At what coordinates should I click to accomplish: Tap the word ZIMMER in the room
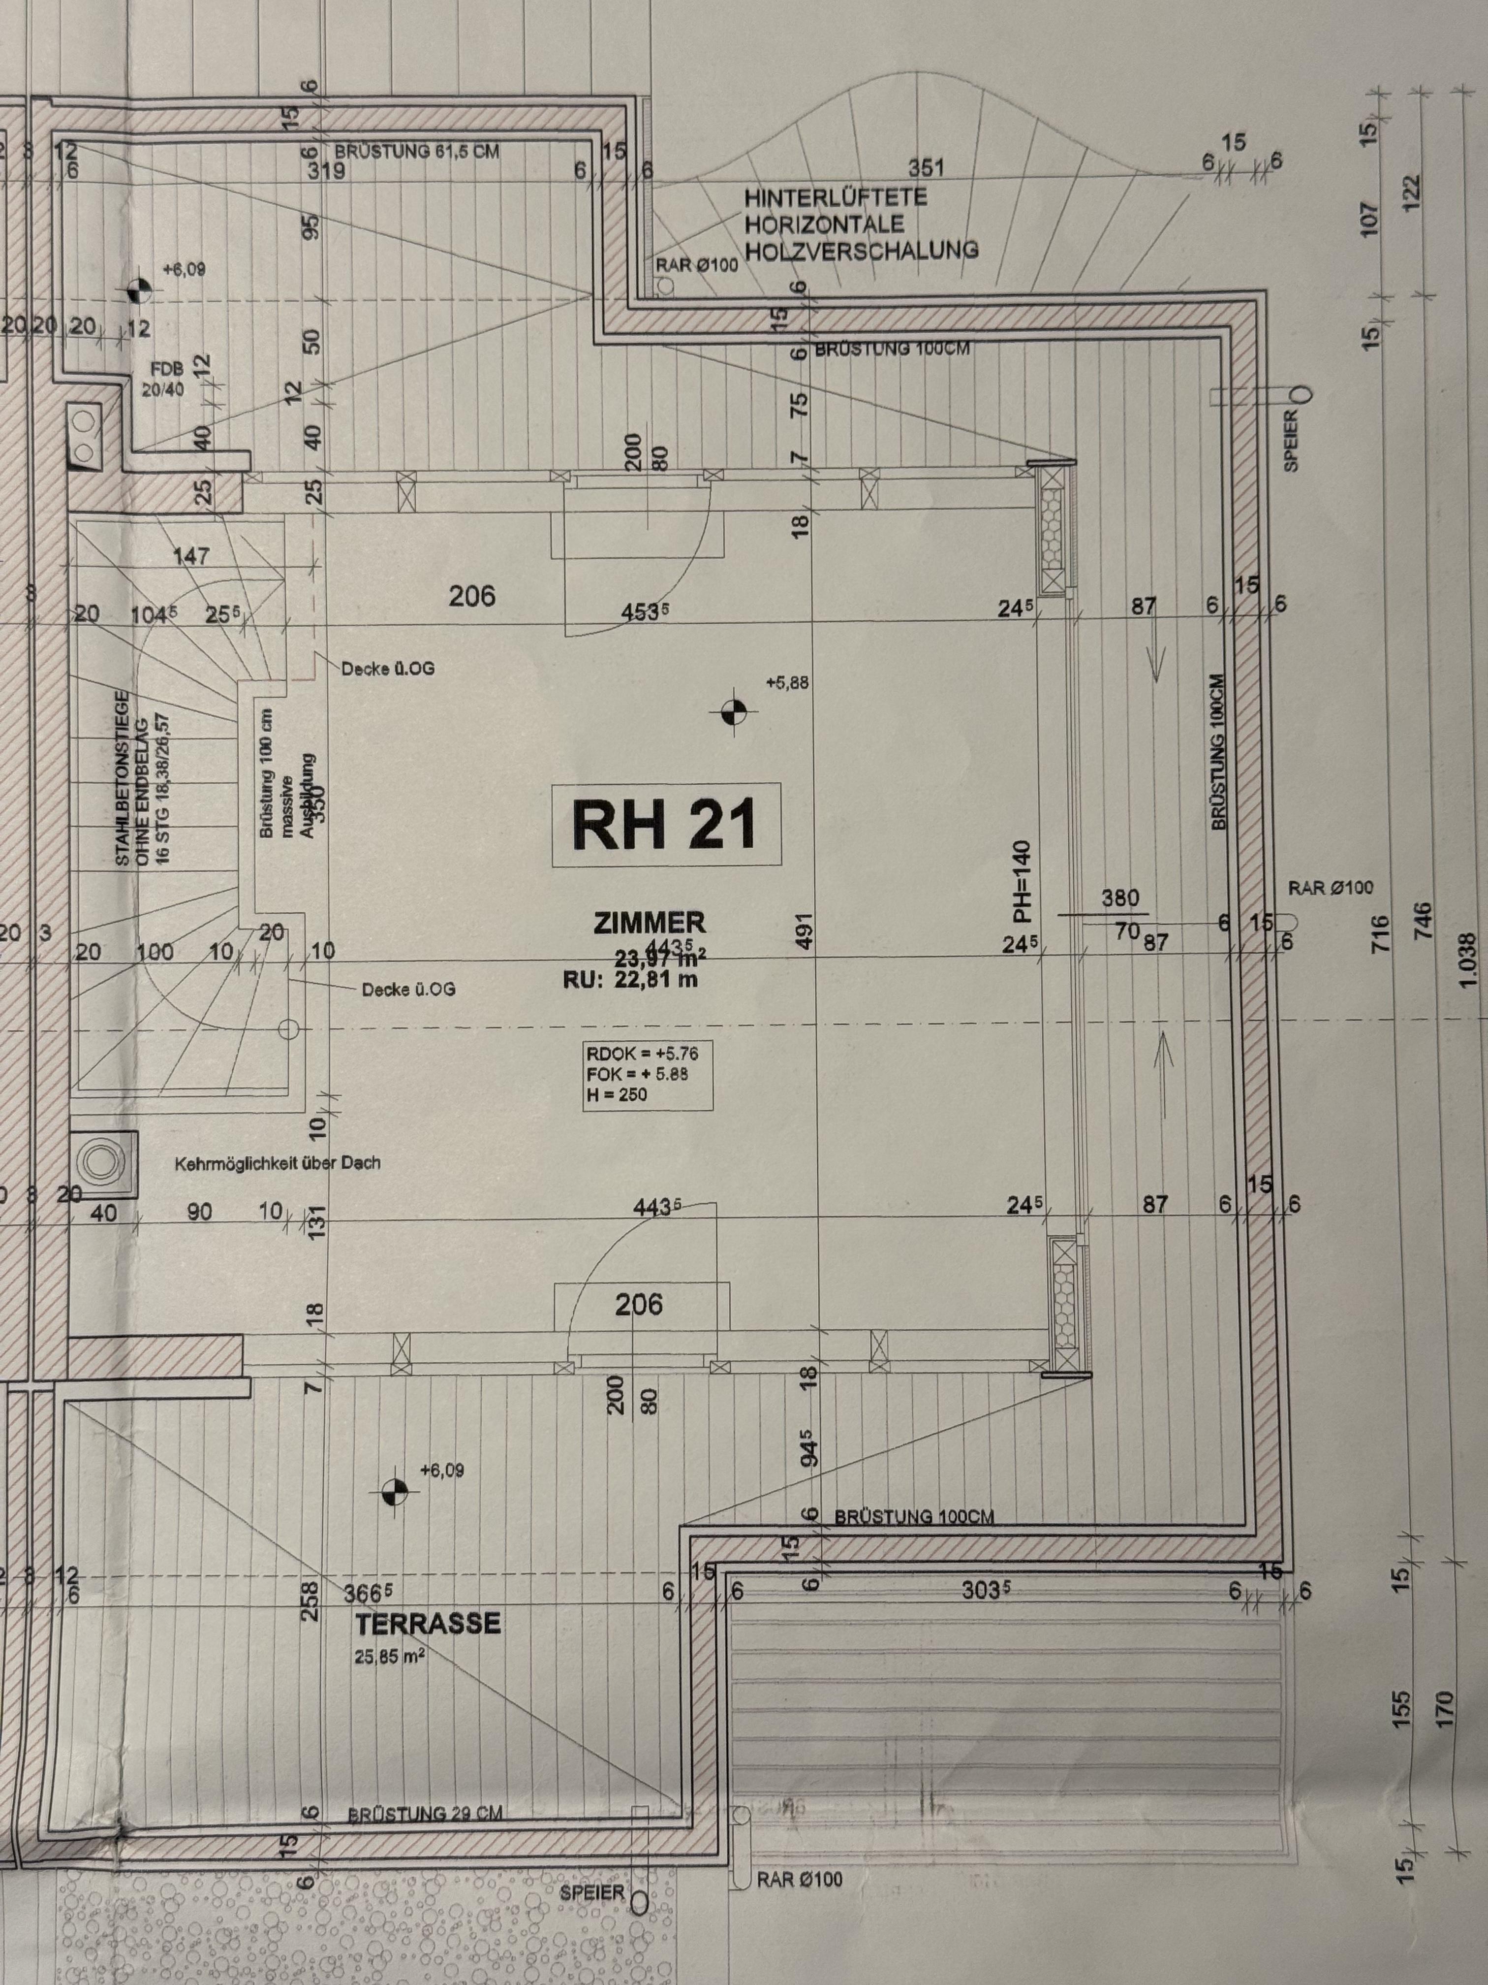coord(650,922)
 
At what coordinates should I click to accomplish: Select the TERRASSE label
coord(428,1623)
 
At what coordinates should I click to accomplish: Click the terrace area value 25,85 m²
coord(388,1657)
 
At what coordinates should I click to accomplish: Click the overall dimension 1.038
coord(1467,960)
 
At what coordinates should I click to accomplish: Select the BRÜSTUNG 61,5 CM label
coord(417,152)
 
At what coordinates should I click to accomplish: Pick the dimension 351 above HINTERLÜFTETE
coord(926,168)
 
